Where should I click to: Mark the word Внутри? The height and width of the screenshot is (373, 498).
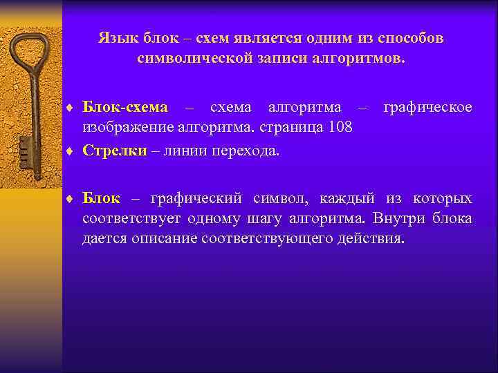click(402, 219)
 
